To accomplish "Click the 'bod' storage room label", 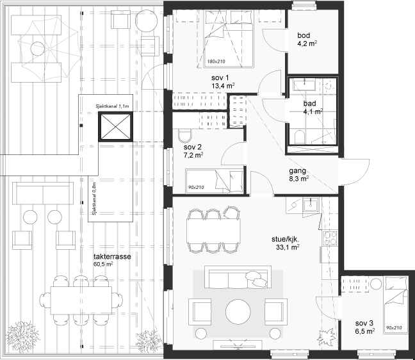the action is tap(304, 35).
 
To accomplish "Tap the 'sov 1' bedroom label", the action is tap(220, 78).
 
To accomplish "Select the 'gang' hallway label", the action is tap(298, 171).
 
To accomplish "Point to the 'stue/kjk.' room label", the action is tap(286, 240).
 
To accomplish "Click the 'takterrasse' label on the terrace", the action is tap(112, 256).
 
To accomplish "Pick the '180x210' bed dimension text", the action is tap(216, 61).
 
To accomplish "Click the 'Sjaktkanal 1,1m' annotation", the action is tap(112, 106).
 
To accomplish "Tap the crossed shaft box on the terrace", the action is tap(115, 127).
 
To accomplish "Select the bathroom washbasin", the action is tap(304, 85).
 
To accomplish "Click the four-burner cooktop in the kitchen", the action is tap(330, 238).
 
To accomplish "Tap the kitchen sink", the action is tap(311, 204).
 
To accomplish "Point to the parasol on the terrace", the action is tap(49, 49).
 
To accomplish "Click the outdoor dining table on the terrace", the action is tap(81, 300).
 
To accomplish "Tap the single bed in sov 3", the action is tap(396, 304).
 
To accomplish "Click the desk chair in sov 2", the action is tap(184, 136).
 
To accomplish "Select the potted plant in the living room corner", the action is tap(326, 336).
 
